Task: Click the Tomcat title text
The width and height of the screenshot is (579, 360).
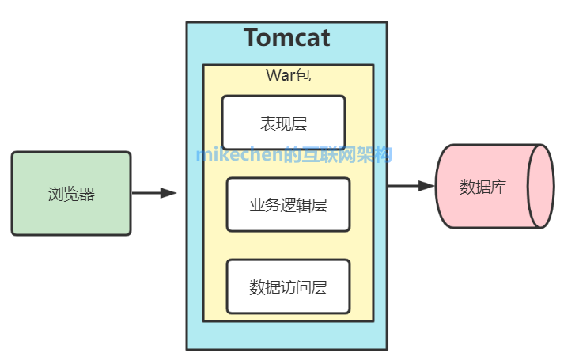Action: (x=286, y=38)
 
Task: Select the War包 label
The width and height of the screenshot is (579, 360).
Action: (x=288, y=76)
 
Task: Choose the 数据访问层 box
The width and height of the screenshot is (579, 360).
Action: (x=288, y=286)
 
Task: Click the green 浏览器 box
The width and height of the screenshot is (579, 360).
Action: (x=71, y=194)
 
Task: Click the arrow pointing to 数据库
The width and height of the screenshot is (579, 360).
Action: (x=410, y=186)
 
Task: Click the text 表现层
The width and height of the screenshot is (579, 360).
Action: (x=283, y=123)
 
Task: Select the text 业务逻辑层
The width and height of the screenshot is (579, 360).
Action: (x=288, y=205)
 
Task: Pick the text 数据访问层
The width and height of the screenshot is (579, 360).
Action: (x=288, y=286)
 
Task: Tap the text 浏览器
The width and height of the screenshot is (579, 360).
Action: (x=71, y=194)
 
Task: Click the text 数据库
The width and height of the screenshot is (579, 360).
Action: (x=482, y=187)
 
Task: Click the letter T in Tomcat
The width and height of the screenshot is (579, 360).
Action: (x=252, y=38)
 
